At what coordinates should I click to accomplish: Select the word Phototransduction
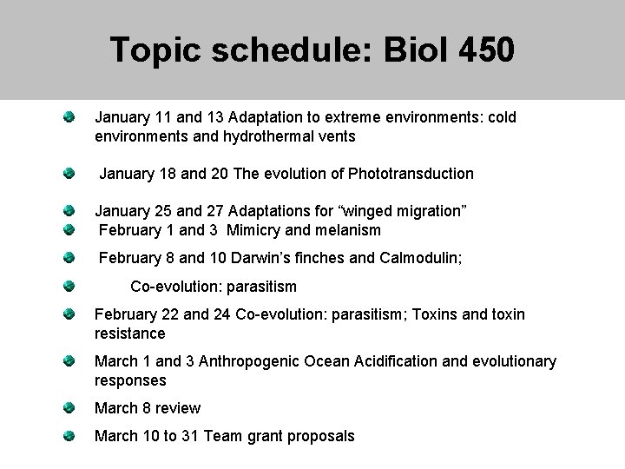pos(411,174)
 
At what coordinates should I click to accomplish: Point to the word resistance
pos(130,334)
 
